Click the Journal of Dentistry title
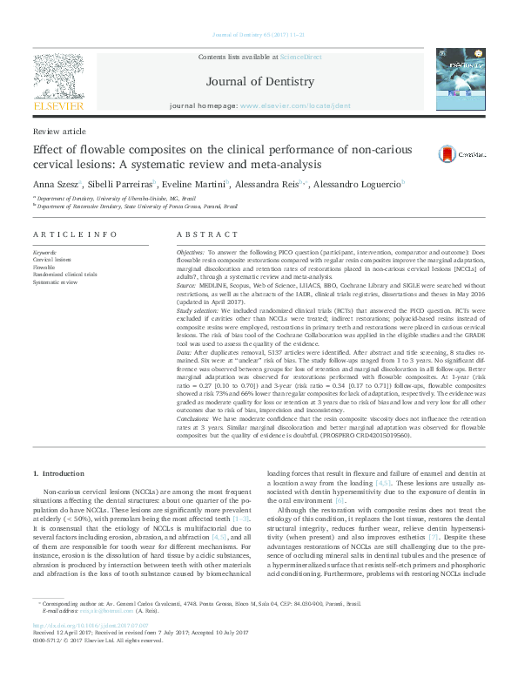[x=259, y=82]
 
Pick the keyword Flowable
[x=45, y=267]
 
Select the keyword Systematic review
[x=55, y=282]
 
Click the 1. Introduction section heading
[x=59, y=472]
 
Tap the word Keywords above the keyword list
[x=45, y=252]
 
